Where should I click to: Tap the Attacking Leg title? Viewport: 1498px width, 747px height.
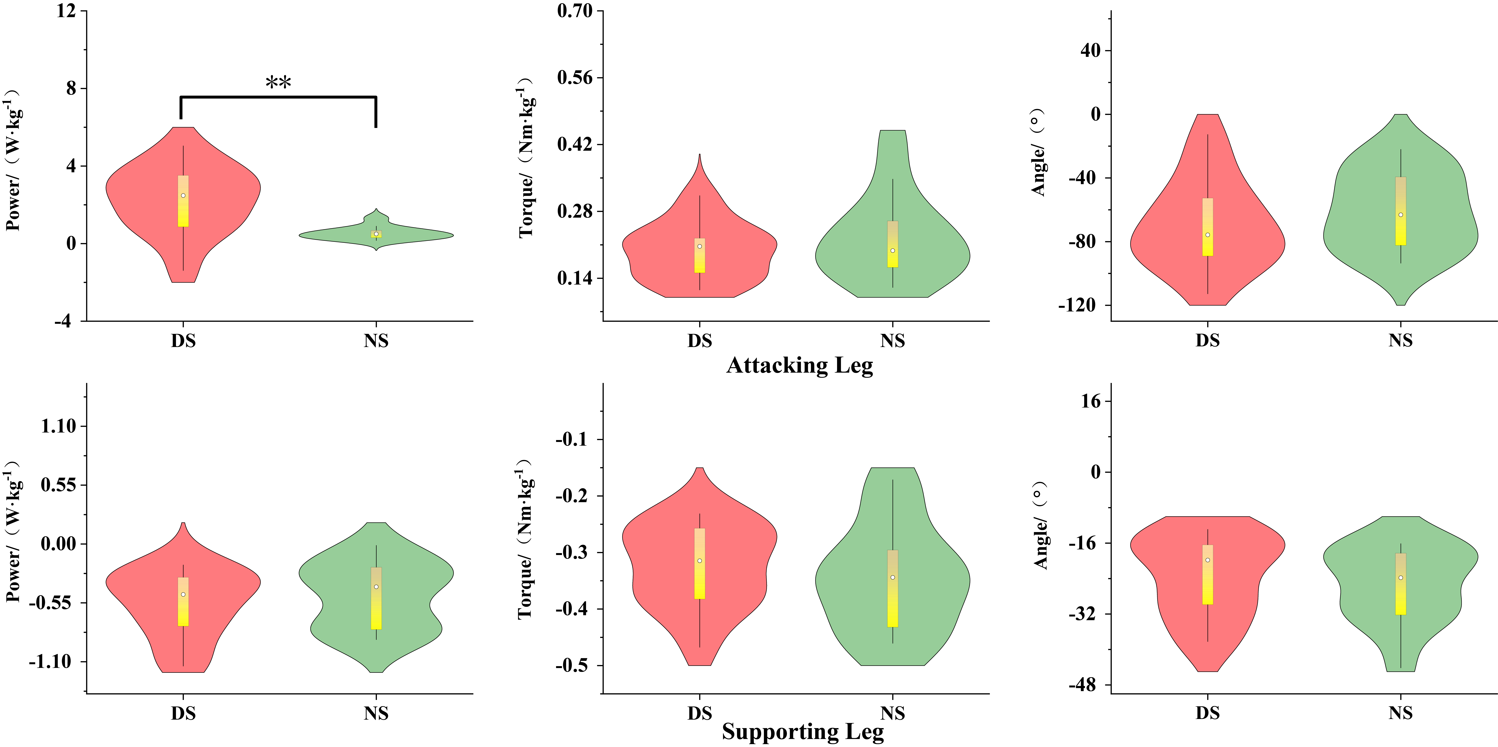pyautogui.click(x=800, y=365)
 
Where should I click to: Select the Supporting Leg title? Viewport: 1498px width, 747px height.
pyautogui.click(x=802, y=731)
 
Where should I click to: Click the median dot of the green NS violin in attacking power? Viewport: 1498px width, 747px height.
pyautogui.click(x=376, y=234)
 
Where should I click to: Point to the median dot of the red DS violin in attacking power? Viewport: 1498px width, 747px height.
pyautogui.click(x=183, y=196)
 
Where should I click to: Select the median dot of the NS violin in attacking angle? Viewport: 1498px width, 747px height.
pyautogui.click(x=1400, y=215)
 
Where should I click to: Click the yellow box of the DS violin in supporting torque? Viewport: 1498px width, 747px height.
pyautogui.click(x=700, y=563)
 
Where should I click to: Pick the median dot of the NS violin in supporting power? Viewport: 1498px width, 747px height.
pyautogui.click(x=376, y=586)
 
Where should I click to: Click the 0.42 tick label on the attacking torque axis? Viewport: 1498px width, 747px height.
pyautogui.click(x=574, y=144)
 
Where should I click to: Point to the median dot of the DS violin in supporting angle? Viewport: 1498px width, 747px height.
pyautogui.click(x=1207, y=560)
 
